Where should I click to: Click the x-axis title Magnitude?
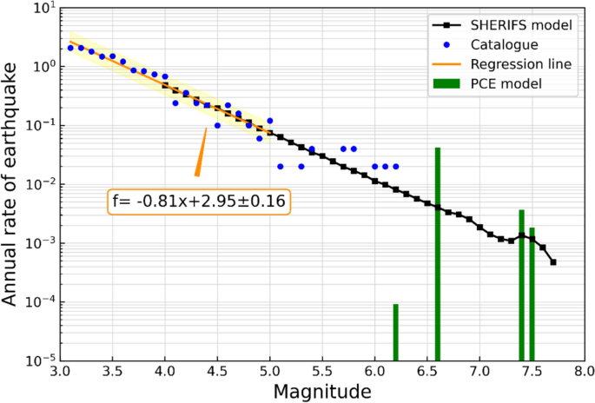pyautogui.click(x=322, y=392)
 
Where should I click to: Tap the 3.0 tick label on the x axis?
pyautogui.click(x=60, y=371)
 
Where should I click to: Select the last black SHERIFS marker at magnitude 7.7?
pyautogui.click(x=553, y=261)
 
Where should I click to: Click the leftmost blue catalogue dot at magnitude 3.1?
pyautogui.click(x=70, y=48)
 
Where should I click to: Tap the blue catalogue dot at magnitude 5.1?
pyautogui.click(x=281, y=166)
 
